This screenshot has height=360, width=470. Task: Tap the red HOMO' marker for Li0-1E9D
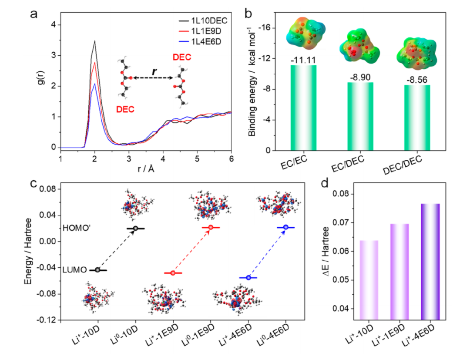pos(211,227)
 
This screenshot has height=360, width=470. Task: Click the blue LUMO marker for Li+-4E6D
pos(248,277)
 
